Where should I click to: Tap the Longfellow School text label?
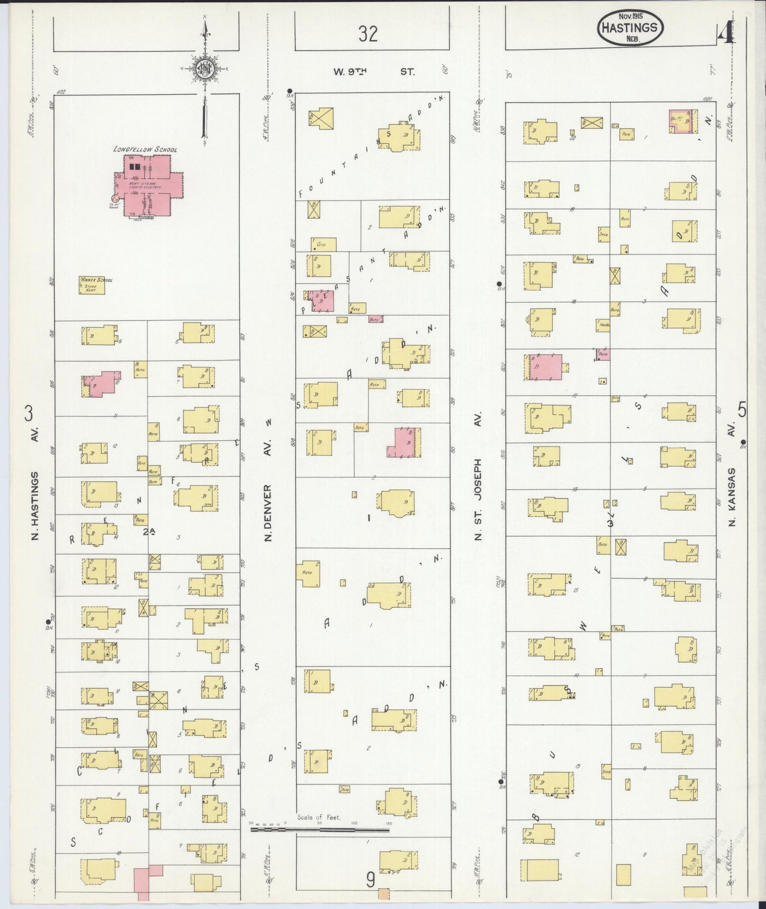point(145,150)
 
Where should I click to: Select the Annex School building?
point(92,286)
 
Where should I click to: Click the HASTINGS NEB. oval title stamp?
point(630,29)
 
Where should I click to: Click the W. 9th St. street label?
point(374,71)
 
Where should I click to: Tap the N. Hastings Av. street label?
point(36,506)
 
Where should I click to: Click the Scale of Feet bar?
point(320,828)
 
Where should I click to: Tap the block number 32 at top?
point(368,34)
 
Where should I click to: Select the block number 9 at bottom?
point(371,880)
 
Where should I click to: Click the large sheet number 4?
point(726,33)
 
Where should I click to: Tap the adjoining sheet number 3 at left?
point(30,413)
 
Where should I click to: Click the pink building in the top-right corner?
point(680,121)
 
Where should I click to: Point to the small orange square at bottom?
point(383,894)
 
